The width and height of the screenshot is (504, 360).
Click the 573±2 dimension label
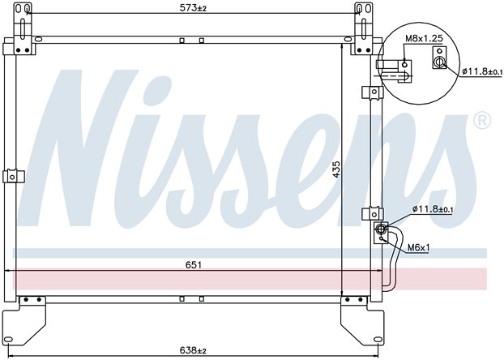[x=193, y=8]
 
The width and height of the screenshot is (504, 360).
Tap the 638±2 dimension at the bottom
[x=193, y=350]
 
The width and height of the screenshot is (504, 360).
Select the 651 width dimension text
[x=193, y=265]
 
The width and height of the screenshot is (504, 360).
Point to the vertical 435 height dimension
[x=336, y=169]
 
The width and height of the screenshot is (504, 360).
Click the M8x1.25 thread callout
[x=424, y=38]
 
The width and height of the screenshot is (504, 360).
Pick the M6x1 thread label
[x=418, y=247]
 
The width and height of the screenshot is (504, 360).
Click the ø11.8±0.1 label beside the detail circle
[x=482, y=71]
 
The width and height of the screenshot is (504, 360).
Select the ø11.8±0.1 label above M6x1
[x=433, y=209]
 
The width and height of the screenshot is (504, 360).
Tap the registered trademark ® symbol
[x=482, y=121]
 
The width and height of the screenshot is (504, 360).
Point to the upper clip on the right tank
[x=372, y=92]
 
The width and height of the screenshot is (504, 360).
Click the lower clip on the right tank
[x=372, y=214]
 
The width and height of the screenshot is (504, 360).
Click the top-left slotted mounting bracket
[x=23, y=28]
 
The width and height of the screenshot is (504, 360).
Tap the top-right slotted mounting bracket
[x=363, y=28]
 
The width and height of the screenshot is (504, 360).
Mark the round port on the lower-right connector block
[x=381, y=229]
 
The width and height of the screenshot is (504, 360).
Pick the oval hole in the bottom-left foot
[x=9, y=340]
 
